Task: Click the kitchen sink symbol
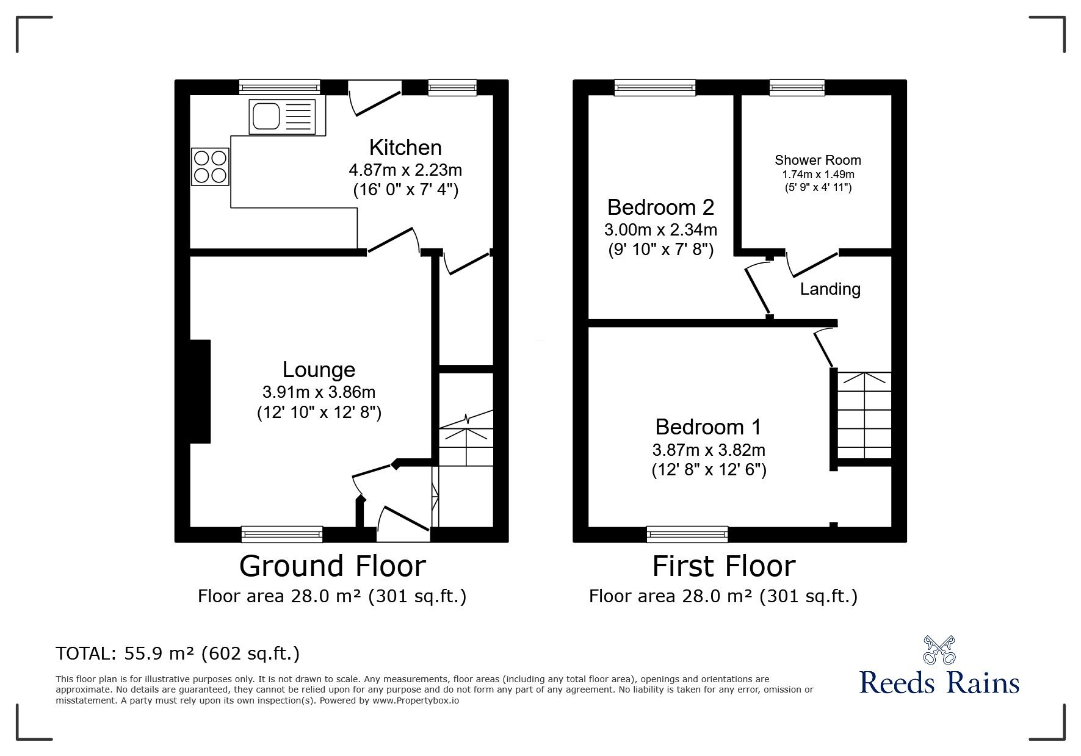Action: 282,117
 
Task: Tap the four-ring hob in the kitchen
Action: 210,167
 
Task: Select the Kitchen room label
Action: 405,148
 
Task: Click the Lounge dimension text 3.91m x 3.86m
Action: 319,392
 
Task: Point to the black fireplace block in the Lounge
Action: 200,391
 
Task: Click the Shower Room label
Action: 817,160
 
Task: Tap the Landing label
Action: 830,289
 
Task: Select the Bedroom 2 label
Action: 660,207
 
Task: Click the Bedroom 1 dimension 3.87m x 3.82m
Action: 708,450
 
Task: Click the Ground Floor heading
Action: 332,566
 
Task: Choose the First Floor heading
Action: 723,566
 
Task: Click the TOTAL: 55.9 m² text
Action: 177,654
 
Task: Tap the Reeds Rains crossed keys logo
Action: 939,650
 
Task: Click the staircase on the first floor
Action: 864,415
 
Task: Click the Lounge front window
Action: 281,534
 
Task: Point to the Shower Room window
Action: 797,88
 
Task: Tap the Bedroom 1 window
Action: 687,534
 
